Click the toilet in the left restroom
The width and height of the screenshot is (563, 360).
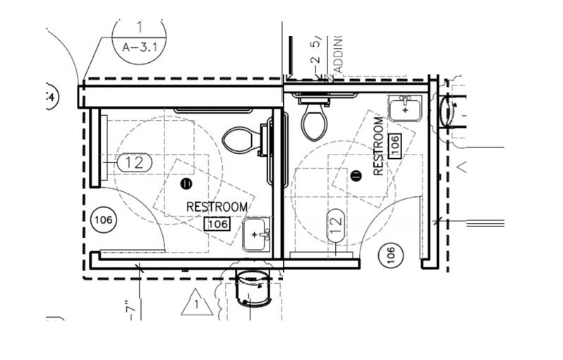(240, 139)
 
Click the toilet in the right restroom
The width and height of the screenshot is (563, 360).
(313, 120)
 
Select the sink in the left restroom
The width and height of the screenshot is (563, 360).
(255, 235)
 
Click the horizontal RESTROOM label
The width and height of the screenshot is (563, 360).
(217, 207)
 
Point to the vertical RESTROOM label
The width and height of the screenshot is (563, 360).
(379, 146)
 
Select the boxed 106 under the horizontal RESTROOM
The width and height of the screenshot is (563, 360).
(217, 224)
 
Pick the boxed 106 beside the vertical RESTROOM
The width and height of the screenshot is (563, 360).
(395, 145)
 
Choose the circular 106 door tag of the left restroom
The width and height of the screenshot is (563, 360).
(103, 220)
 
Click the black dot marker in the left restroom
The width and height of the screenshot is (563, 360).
(186, 184)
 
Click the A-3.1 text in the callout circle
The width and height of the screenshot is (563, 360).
(138, 49)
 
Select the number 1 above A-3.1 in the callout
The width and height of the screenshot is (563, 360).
(139, 28)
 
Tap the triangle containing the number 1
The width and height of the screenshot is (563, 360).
(197, 304)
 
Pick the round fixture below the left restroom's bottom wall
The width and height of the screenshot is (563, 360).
(253, 286)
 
